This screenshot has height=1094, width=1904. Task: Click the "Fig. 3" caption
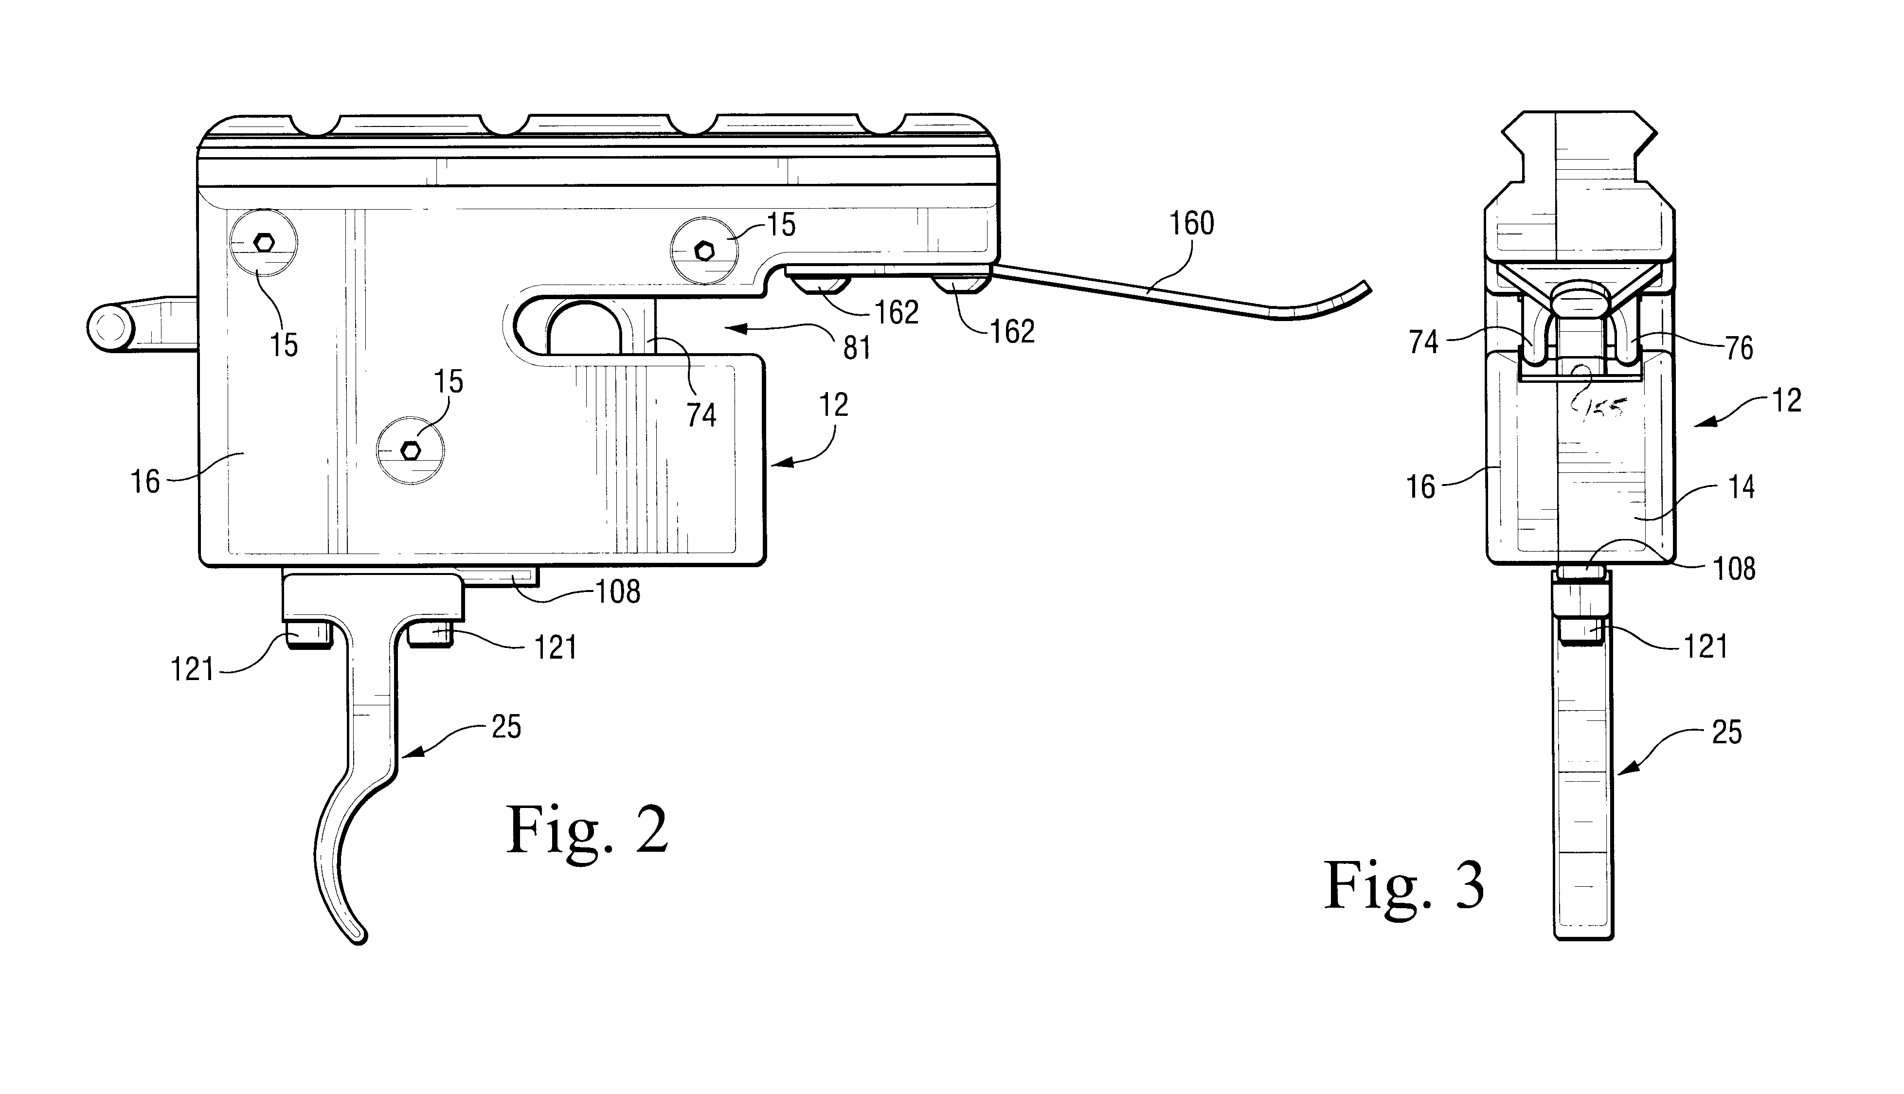(x=1403, y=887)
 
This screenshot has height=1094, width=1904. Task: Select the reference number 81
(x=857, y=347)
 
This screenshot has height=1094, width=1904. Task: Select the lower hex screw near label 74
(x=410, y=451)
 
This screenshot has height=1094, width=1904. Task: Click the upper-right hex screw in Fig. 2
(x=704, y=251)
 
